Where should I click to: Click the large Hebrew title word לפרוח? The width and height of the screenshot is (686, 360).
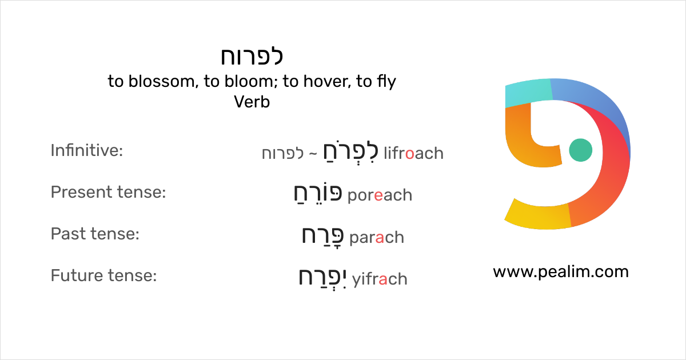point(252,56)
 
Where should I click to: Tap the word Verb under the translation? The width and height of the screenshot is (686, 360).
point(252,102)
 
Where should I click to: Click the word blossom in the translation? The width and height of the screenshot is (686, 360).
point(161,81)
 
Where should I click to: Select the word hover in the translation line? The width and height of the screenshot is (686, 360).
point(325,81)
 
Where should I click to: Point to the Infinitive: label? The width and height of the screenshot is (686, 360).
point(87,150)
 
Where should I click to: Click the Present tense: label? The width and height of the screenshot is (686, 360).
point(108,192)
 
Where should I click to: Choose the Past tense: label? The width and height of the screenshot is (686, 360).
point(95,234)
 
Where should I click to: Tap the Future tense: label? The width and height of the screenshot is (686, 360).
point(103,275)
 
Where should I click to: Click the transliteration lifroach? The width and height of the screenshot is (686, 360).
point(413,153)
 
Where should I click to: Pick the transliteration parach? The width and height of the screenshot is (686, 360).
point(377,238)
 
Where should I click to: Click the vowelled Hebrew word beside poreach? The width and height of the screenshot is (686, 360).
point(318,194)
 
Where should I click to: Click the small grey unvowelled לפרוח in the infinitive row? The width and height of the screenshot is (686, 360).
point(282,153)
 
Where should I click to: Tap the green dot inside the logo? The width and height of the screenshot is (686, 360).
point(580,150)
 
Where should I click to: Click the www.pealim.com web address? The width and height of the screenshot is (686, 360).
point(561,272)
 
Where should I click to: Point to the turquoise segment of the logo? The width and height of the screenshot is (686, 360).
point(528,92)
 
